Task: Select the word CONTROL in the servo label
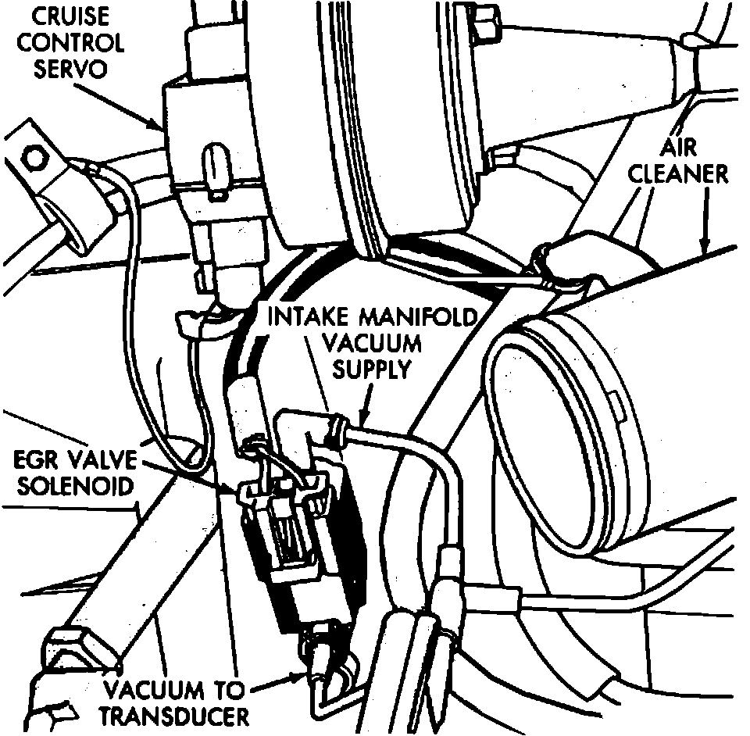(70, 42)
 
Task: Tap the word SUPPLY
(371, 368)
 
